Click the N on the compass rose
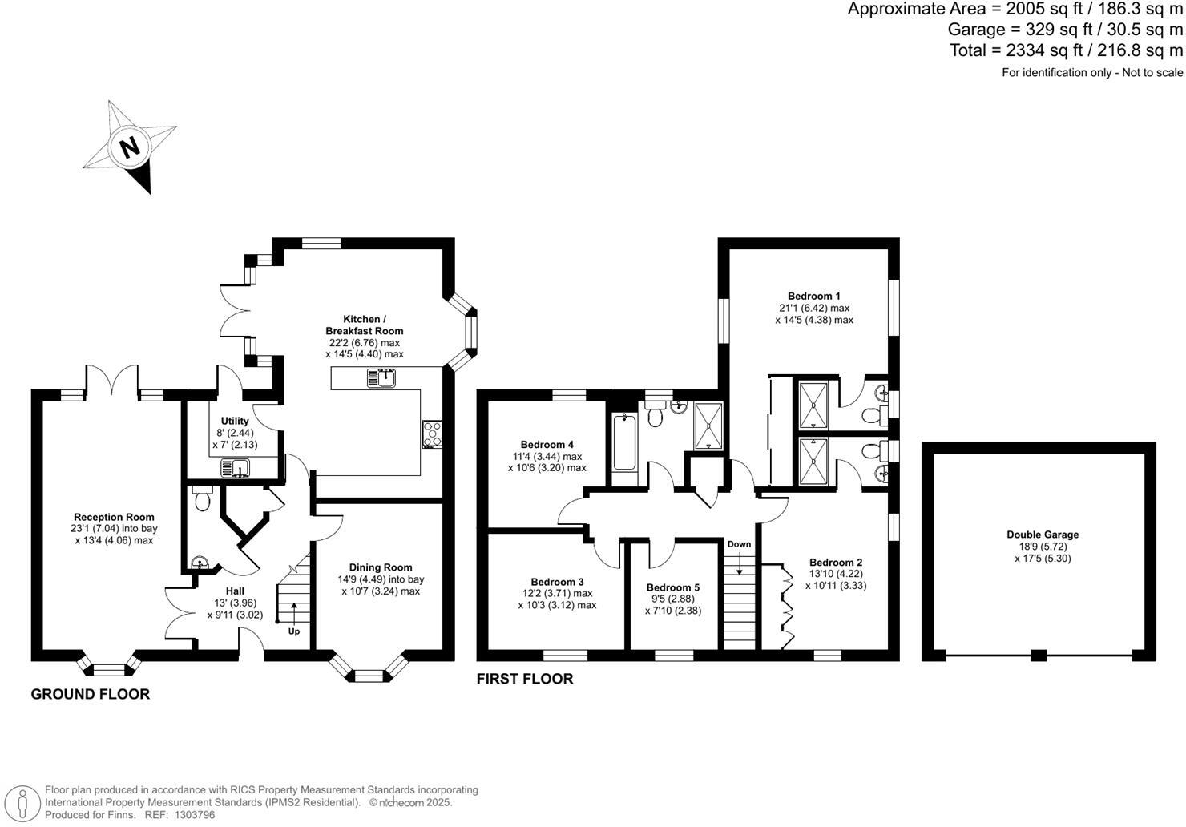click(129, 147)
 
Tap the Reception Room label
click(114, 517)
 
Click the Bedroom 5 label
click(673, 587)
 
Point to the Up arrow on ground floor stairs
click(294, 618)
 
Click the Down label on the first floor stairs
click(739, 545)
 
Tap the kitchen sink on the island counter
click(382, 377)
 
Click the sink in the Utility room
click(236, 468)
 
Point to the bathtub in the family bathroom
click(623, 443)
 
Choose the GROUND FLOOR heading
click(90, 694)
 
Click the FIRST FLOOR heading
click(525, 679)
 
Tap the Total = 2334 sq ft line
click(1066, 50)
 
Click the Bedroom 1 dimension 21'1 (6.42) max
click(813, 308)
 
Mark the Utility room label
click(235, 421)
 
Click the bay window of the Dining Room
click(369, 672)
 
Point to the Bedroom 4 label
click(547, 445)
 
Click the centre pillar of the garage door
click(1039, 655)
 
